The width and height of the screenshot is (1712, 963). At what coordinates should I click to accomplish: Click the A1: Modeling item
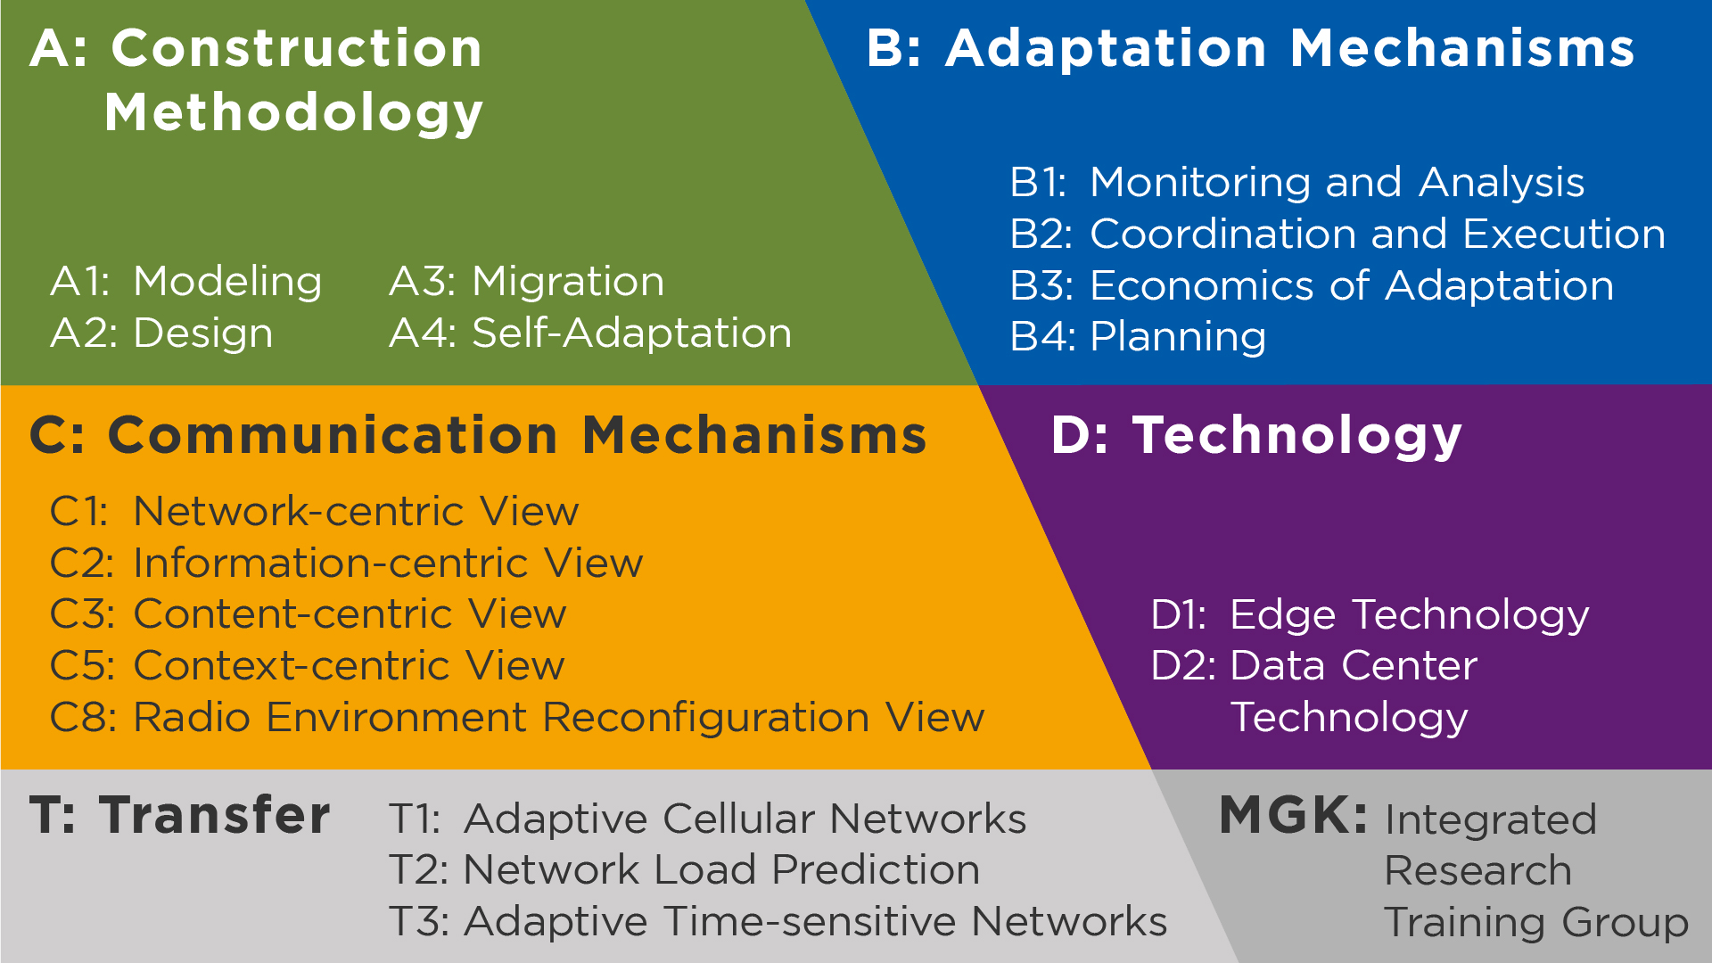pos(186,282)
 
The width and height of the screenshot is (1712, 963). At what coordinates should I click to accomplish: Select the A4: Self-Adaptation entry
pos(590,333)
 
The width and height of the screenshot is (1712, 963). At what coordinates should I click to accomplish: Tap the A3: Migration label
pos(527,282)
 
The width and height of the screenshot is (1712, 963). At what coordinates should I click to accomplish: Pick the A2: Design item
pos(161,333)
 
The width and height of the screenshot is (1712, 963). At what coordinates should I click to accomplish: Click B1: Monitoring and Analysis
pos(1297,183)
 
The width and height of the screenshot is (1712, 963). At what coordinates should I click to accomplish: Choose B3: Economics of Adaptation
pos(1312,286)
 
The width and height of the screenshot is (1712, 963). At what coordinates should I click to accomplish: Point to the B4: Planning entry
pos(1138,338)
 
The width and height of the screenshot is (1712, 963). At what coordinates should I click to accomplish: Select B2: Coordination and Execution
pos(1337,235)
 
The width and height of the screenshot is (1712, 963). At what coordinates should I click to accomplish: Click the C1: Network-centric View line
pos(315,512)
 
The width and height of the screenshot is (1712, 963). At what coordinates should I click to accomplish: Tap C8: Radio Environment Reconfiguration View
pos(517,718)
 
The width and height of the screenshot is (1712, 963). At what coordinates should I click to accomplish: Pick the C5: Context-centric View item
pos(308,666)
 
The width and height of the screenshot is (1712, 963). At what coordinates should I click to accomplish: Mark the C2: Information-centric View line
pos(347,564)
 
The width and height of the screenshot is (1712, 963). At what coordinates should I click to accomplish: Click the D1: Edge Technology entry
pos(1370,616)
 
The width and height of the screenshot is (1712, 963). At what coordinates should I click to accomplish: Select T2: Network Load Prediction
pos(685,870)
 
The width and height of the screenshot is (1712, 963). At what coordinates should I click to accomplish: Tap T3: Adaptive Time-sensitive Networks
pos(778,922)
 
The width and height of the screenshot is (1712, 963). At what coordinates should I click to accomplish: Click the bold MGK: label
pos(1293,815)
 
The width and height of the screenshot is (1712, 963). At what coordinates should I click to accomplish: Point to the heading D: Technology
pos(1256,436)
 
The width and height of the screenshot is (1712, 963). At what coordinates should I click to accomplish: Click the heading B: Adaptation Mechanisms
pos(1251,48)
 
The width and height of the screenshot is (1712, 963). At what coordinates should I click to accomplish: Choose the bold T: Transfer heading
pos(180,815)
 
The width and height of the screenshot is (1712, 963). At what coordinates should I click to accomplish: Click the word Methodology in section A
pos(294,113)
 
